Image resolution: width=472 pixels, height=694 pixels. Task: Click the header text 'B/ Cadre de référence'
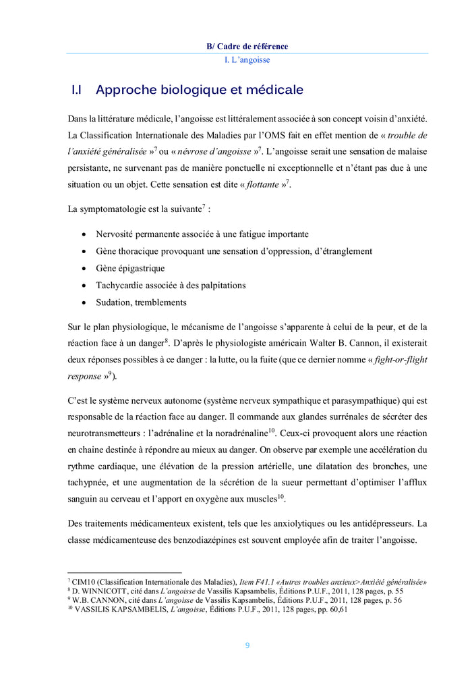[247, 47]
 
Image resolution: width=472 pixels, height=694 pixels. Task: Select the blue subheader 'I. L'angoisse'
[247, 60]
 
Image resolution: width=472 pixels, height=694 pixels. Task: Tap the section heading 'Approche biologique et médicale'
[199, 90]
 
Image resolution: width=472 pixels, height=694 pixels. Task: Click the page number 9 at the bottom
[247, 645]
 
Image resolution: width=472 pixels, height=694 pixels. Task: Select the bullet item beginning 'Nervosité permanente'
[202, 234]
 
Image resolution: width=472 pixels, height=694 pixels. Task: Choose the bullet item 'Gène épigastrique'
[129, 268]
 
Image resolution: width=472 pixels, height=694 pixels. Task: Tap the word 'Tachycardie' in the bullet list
[119, 285]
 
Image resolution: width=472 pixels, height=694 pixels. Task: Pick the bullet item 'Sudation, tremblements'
[141, 302]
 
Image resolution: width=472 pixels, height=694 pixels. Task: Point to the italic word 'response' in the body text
[84, 376]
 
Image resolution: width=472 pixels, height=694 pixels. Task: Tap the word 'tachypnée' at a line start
[89, 483]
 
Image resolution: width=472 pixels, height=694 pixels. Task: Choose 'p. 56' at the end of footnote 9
[391, 600]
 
